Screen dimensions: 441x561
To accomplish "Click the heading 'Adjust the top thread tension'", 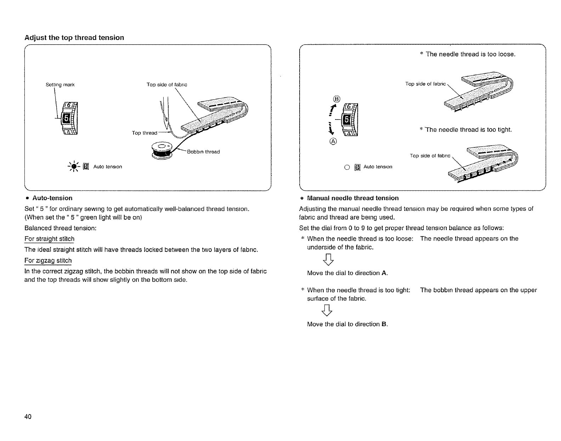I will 74,38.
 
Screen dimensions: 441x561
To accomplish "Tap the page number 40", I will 28,417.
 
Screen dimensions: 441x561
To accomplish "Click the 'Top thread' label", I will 144,133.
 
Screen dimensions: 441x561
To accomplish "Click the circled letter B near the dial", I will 336,99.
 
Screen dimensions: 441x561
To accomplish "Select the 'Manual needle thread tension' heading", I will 353,198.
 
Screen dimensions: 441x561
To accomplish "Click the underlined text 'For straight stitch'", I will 49,239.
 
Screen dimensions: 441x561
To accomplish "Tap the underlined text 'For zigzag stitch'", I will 48,261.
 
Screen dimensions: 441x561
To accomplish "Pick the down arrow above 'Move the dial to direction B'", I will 329,311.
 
